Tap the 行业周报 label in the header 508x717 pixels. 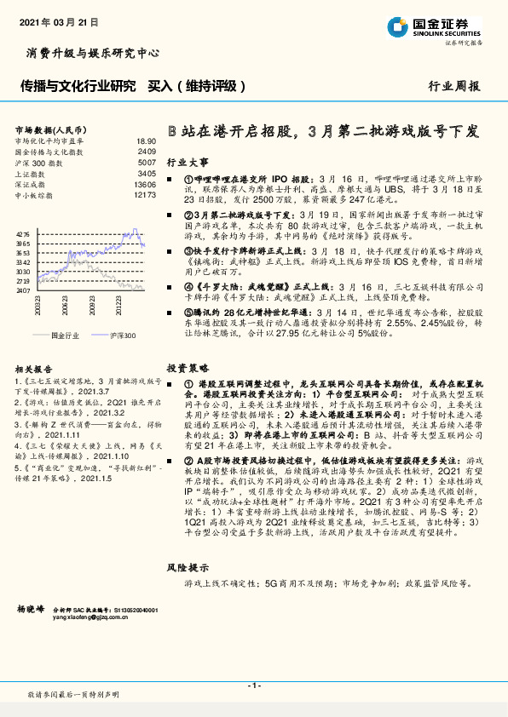click(x=453, y=86)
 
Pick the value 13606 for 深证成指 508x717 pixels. click(x=144, y=184)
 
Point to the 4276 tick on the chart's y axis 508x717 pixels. click(x=23, y=232)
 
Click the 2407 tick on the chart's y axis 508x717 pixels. click(x=23, y=290)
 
